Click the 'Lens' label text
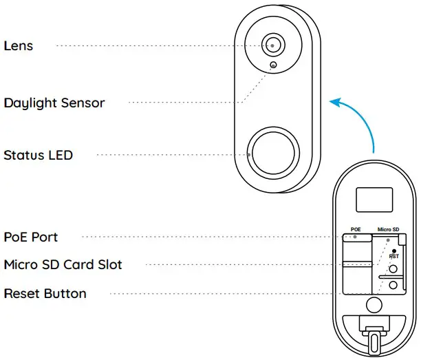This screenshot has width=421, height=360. click(x=19, y=46)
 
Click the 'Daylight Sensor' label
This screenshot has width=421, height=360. click(x=54, y=103)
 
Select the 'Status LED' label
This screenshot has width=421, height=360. click(x=38, y=155)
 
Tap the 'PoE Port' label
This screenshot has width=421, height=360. click(x=31, y=237)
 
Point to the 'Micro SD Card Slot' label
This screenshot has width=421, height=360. click(x=63, y=265)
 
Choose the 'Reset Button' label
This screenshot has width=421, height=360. click(x=45, y=294)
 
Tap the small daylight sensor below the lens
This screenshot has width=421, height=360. click(x=274, y=66)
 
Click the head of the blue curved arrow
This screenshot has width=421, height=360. click(x=334, y=103)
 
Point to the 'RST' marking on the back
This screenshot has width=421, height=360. click(x=393, y=257)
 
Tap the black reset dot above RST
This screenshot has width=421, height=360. click(x=393, y=251)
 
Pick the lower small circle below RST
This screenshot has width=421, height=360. click(x=393, y=284)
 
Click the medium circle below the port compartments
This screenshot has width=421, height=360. click(x=374, y=304)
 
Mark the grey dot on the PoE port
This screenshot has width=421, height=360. click(x=354, y=237)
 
